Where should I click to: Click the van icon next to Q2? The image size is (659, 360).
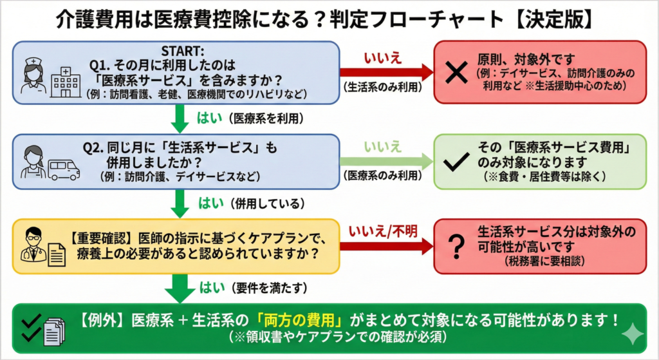[x=64, y=169]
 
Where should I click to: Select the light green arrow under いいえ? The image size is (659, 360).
[x=386, y=162]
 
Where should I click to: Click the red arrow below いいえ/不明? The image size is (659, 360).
[x=386, y=245]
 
